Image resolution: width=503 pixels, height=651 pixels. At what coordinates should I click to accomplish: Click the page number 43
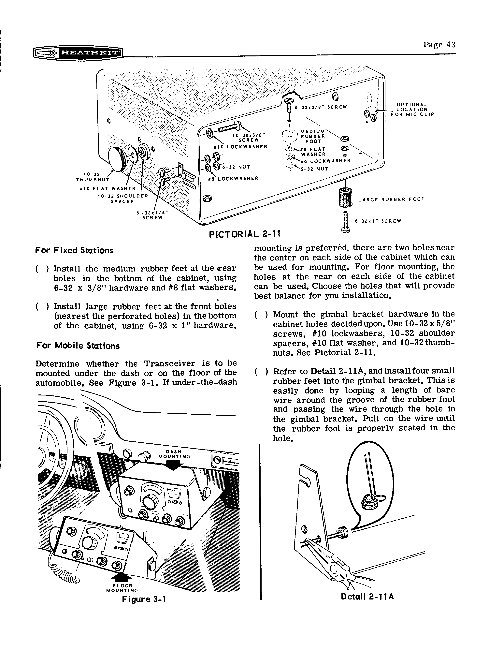[439, 45]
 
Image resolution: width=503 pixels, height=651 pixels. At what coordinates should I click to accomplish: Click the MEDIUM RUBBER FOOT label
[313, 136]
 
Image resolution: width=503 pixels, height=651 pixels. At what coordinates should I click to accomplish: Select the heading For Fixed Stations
[75, 250]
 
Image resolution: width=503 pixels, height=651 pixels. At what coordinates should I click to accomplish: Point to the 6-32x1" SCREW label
[378, 221]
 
